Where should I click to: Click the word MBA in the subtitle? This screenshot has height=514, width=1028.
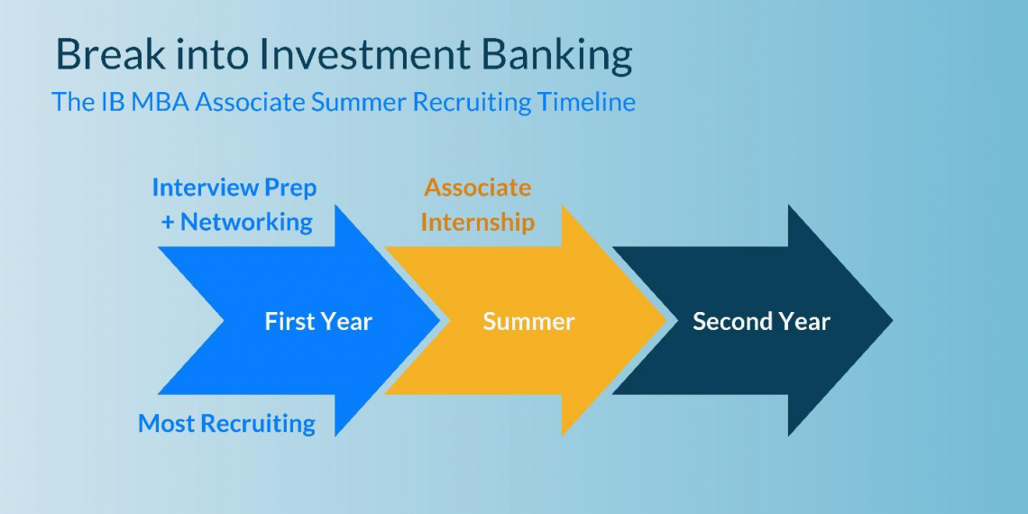pyautogui.click(x=160, y=102)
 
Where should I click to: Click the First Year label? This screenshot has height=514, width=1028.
pyautogui.click(x=318, y=322)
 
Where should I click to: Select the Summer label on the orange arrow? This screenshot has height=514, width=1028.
pyautogui.click(x=528, y=322)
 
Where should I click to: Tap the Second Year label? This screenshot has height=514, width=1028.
pyautogui.click(x=761, y=322)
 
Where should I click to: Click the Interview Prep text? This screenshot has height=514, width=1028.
pyautogui.click(x=234, y=188)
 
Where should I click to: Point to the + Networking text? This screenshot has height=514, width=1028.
pyautogui.click(x=237, y=222)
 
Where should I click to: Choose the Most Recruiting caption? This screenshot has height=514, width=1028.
pyautogui.click(x=226, y=424)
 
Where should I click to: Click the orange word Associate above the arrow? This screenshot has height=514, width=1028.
pyautogui.click(x=478, y=188)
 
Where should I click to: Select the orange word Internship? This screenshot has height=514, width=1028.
pyautogui.click(x=478, y=222)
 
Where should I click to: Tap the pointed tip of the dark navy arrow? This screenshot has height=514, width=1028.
pyautogui.click(x=890, y=321)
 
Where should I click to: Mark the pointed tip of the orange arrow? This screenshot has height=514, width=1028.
pyautogui.click(x=665, y=321)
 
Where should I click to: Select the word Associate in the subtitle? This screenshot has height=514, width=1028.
pyautogui.click(x=251, y=102)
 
